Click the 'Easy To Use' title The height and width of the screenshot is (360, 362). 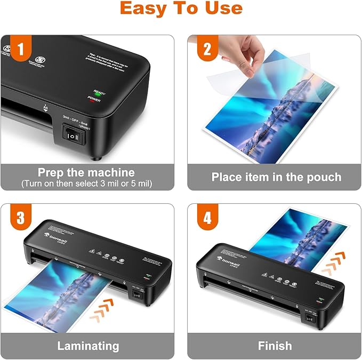(x=181, y=9)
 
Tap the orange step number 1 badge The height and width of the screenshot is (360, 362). (x=20, y=50)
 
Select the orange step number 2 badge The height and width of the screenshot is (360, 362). (x=206, y=50)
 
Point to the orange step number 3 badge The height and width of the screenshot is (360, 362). (x=20, y=219)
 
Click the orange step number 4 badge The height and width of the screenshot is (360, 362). (x=206, y=219)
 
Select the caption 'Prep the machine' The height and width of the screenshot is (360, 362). (x=86, y=172)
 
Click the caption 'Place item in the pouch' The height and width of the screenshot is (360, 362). (x=276, y=177)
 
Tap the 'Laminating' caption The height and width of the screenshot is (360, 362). (x=88, y=346)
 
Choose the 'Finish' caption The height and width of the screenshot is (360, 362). (x=275, y=346)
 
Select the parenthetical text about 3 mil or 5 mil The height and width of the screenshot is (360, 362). (x=86, y=183)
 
